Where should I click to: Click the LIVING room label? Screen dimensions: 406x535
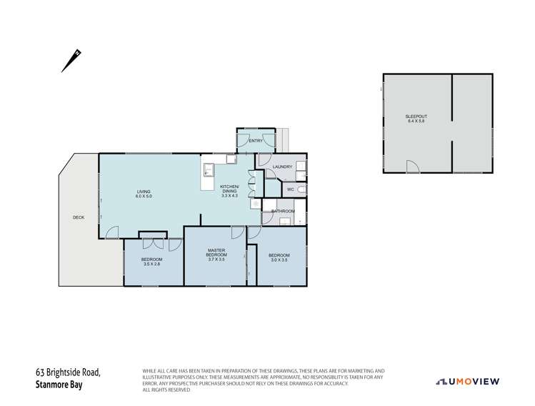(144, 192)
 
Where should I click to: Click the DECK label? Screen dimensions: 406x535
(79, 217)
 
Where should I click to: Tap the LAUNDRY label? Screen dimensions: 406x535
(282, 167)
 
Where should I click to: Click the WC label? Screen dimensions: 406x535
(291, 189)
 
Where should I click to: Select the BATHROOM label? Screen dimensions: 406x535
(283, 211)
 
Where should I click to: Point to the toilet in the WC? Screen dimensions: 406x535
(301, 190)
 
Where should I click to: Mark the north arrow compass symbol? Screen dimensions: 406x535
(71, 60)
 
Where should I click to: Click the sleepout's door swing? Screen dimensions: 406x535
(413, 167)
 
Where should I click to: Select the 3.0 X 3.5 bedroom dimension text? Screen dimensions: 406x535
(279, 260)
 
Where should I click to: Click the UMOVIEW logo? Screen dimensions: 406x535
(468, 381)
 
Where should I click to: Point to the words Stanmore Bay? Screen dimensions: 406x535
(61, 383)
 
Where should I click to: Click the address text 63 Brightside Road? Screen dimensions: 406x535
(69, 372)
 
